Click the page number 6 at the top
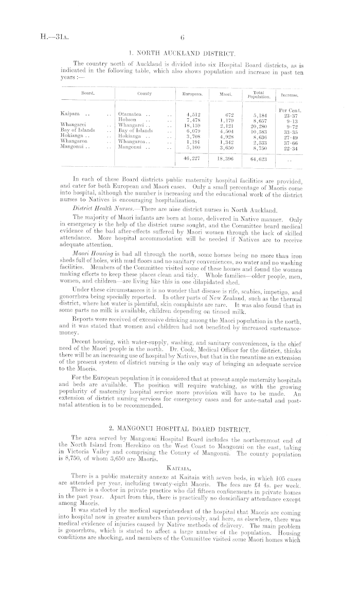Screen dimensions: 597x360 182,37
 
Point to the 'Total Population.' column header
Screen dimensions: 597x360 259,95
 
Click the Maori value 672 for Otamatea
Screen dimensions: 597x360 230,114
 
